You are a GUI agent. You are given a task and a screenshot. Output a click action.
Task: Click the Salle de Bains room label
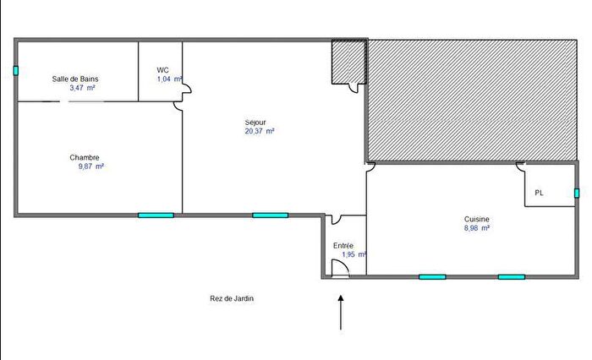click(75, 79)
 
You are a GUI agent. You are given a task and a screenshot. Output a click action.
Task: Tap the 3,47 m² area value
click(82, 88)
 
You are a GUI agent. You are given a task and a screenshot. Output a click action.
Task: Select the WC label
click(162, 69)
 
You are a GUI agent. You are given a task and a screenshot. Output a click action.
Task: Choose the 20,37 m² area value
click(260, 131)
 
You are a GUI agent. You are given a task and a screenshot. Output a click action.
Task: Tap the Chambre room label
click(85, 157)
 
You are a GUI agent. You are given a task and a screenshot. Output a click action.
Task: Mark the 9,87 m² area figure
click(89, 166)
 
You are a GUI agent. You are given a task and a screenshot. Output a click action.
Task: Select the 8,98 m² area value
click(477, 227)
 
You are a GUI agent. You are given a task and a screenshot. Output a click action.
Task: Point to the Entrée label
click(343, 245)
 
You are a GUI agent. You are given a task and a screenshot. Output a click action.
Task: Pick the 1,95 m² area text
click(354, 254)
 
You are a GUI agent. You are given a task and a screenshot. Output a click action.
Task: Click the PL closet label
click(539, 194)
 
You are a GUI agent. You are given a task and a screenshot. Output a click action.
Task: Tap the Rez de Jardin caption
click(233, 298)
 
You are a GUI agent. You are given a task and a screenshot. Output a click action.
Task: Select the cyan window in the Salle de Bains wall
click(15, 70)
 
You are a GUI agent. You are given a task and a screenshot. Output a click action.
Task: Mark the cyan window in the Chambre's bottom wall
click(156, 215)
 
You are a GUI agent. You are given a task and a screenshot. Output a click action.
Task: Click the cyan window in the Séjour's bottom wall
click(270, 215)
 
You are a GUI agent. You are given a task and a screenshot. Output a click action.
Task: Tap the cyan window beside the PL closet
click(577, 193)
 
